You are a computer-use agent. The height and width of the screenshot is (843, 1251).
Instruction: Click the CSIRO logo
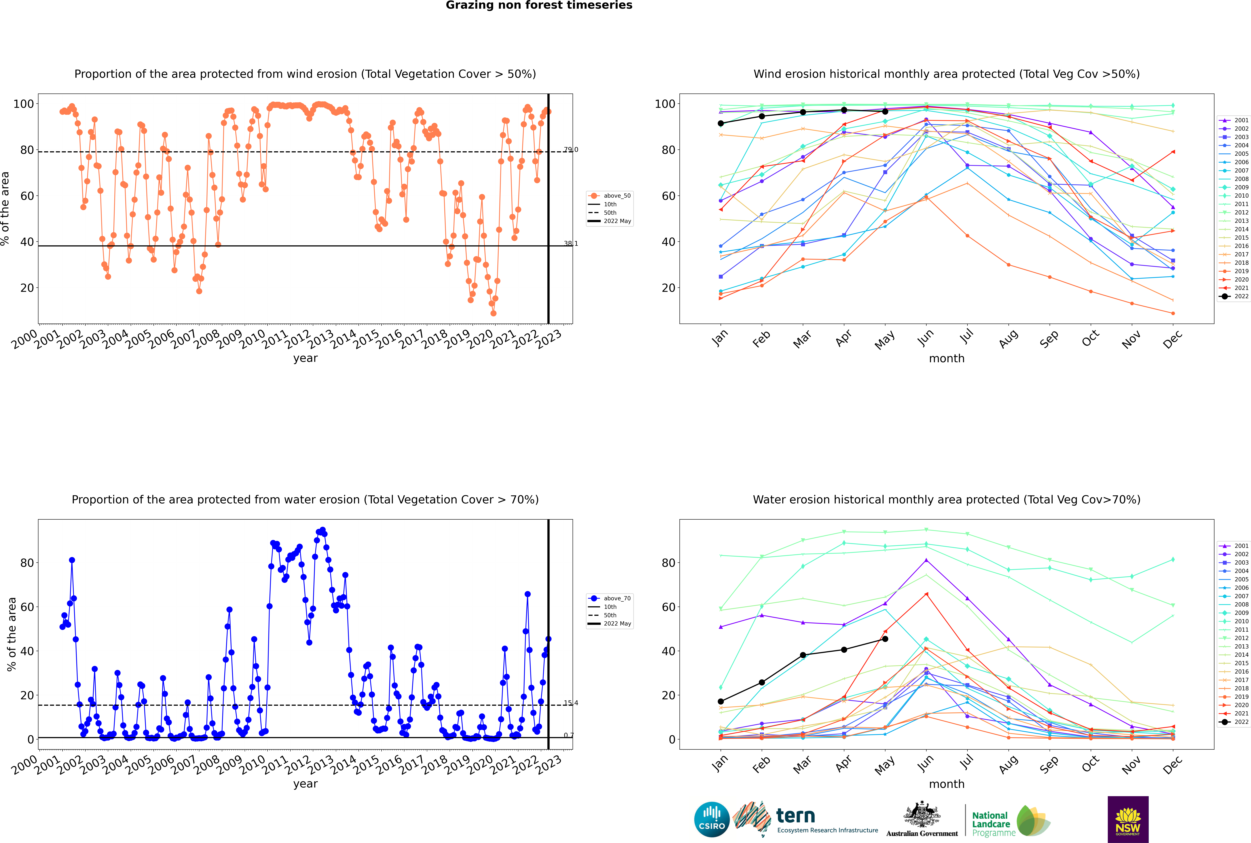click(x=712, y=819)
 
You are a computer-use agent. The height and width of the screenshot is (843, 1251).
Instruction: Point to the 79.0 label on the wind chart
click(x=571, y=149)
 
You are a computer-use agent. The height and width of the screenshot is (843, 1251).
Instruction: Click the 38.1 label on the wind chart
click(x=571, y=244)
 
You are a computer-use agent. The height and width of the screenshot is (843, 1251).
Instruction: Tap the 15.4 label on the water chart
click(x=571, y=703)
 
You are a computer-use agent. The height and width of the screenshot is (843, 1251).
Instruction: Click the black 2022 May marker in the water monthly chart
click(x=885, y=639)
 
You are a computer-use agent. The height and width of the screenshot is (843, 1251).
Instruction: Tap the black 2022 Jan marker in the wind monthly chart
click(x=721, y=123)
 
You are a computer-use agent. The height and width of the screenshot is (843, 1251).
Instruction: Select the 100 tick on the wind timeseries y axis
click(x=23, y=104)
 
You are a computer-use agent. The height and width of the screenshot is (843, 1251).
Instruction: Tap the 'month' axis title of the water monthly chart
click(x=947, y=784)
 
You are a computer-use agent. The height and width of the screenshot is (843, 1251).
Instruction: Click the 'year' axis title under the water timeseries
click(x=306, y=784)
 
